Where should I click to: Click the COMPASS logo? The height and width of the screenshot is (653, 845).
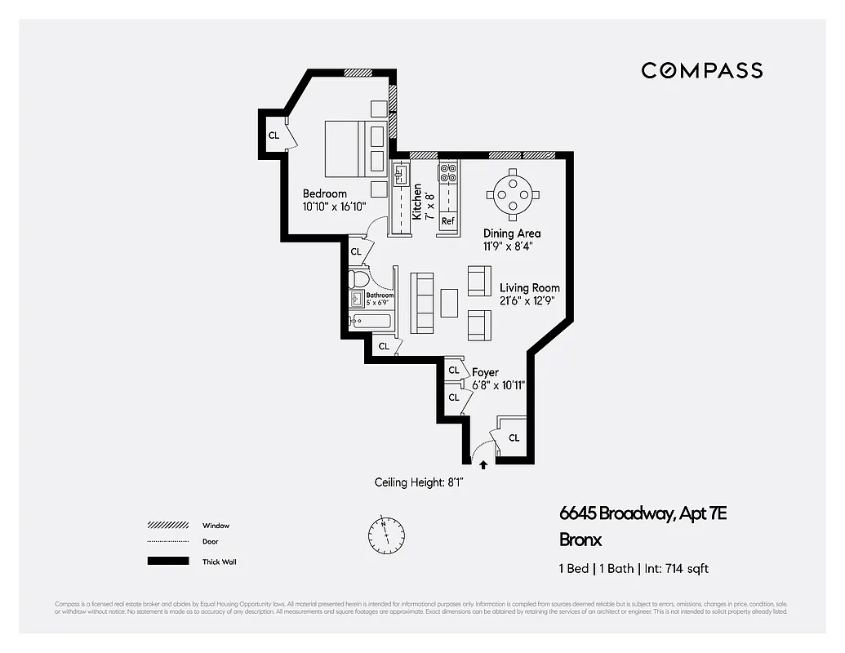[701, 70]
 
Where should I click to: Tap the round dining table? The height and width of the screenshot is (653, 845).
[512, 194]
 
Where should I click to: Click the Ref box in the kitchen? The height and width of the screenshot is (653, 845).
[447, 221]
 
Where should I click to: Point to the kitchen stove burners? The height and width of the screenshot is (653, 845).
[447, 173]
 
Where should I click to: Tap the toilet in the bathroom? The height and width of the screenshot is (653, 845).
[358, 279]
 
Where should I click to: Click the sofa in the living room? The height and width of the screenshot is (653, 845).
[423, 302]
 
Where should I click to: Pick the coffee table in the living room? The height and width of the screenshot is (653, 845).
[449, 302]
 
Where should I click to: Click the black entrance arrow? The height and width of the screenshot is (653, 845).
[483, 464]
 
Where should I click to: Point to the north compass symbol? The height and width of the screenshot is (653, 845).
[385, 535]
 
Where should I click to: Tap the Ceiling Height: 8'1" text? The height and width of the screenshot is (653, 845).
[419, 482]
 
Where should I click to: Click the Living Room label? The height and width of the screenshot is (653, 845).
[530, 288]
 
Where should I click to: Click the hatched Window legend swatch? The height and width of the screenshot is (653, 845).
[167, 526]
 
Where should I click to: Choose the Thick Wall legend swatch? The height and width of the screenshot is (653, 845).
[167, 562]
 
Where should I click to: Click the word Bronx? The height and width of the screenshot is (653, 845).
[580, 540]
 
